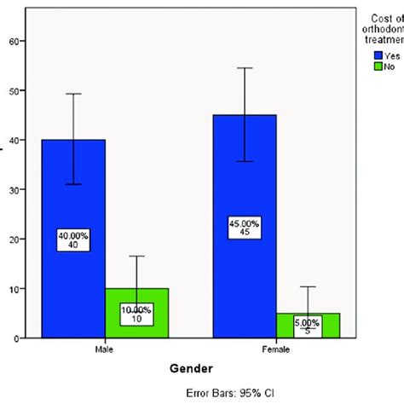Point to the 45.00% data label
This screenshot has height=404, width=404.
(245, 229)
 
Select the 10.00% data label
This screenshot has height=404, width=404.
(136, 315)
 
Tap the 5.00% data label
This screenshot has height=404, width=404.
(308, 326)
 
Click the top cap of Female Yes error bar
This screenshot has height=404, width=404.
(245, 68)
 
